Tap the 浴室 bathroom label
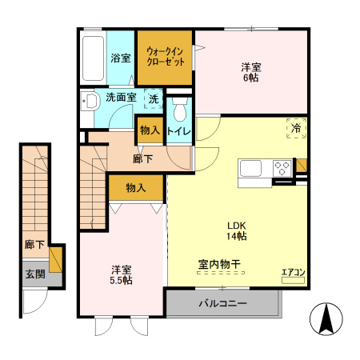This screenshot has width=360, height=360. click(121, 58)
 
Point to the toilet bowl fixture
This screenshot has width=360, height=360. click(179, 107)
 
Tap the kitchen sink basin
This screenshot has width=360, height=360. click(249, 170)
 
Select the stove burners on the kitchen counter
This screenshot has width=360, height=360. click(282, 169)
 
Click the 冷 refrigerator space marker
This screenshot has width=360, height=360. click(296, 127)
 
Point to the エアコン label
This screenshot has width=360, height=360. click(293, 273)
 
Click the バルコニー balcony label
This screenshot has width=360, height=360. click(222, 304)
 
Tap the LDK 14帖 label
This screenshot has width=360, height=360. click(235, 230)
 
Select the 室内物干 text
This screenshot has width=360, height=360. click(220, 264)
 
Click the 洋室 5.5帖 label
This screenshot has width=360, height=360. click(121, 274)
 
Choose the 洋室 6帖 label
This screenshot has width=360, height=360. click(251, 73)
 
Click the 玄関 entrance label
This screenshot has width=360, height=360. click(34, 275)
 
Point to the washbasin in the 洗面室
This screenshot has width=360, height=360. click(89, 101)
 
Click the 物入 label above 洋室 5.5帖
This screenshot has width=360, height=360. click(136, 188)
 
